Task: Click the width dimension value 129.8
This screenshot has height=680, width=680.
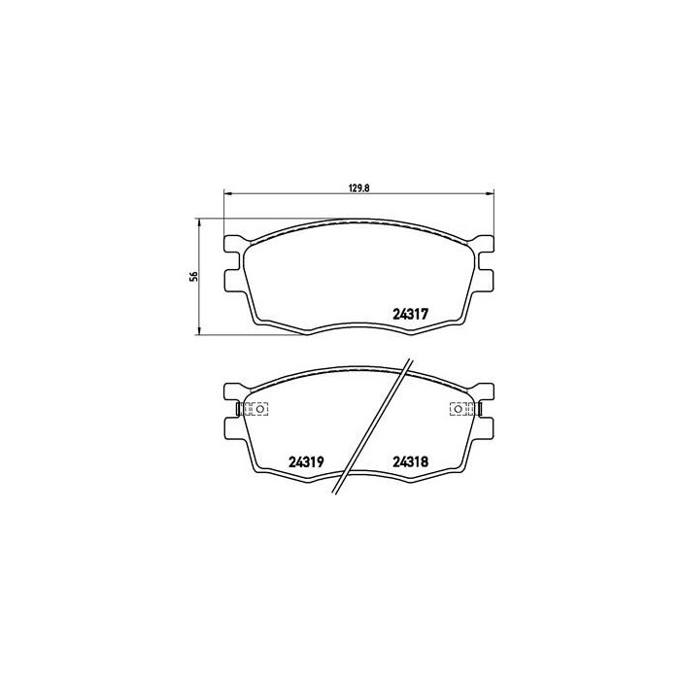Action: [x=358, y=188]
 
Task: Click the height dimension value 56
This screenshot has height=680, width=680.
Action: [x=194, y=276]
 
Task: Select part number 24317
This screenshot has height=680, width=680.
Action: [x=410, y=314]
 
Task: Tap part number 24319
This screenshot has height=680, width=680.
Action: [x=306, y=461]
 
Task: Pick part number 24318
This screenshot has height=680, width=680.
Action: [x=410, y=461]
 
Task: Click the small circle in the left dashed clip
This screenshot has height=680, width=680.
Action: [x=259, y=409]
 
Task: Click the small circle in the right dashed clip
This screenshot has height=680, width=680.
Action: [x=458, y=409]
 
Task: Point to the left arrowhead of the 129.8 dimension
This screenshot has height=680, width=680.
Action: [x=227, y=193]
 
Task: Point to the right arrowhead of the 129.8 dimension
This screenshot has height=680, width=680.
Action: [x=490, y=193]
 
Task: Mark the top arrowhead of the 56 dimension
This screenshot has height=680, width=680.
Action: [x=199, y=222]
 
